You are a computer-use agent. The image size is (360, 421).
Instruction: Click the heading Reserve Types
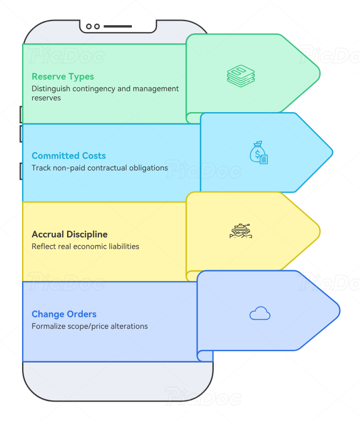pos(63,77)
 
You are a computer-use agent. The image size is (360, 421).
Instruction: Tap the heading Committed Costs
pos(69,156)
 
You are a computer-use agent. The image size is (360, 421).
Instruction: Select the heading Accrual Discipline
pos(70,235)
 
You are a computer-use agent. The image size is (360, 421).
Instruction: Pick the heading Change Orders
pos(64,314)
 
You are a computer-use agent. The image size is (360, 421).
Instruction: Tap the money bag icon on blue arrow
pos(258,153)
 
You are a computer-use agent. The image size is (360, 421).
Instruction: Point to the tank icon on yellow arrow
pos(241,231)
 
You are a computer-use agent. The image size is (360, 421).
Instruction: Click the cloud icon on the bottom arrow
pos(260,313)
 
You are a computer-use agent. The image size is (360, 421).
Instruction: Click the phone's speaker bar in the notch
pos(117,27)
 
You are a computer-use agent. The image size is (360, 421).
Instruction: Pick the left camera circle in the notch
pos(89,27)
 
